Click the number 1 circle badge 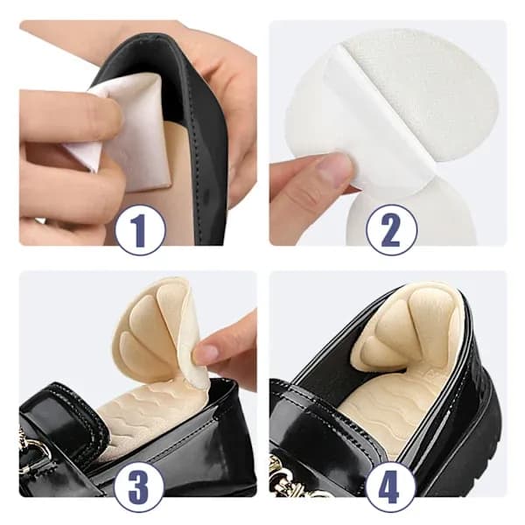140,229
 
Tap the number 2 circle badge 391,229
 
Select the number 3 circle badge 140,483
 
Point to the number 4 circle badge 388,483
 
